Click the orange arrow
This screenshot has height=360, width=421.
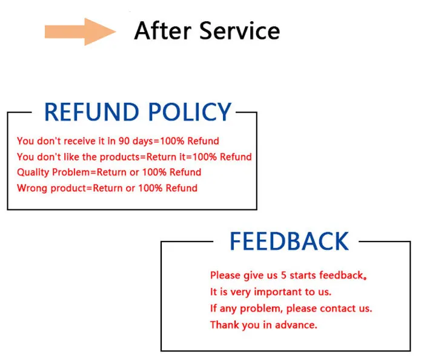coord(80,31)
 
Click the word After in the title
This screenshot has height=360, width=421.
coord(163,31)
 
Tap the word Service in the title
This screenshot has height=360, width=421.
coord(240,31)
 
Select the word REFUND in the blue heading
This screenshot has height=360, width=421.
coord(91,112)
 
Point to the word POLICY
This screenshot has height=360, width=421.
coord(190,112)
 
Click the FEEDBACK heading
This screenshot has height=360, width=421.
coord(289,241)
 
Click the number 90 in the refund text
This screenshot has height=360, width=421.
coord(124,141)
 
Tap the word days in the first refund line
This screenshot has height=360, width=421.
coord(143,142)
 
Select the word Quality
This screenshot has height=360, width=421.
coord(33,172)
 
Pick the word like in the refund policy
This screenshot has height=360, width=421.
coord(71,157)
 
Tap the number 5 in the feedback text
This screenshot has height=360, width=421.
coord(284,275)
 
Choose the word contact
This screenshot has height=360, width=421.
coord(338,309)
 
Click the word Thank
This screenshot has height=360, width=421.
coord(225,325)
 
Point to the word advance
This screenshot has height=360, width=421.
coord(296,325)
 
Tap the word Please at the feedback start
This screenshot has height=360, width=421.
coord(225,275)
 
